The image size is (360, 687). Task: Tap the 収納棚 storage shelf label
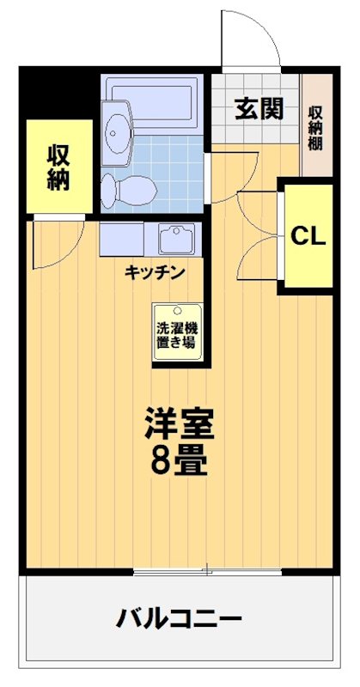coord(316,127)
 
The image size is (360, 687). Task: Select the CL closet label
coord(307,237)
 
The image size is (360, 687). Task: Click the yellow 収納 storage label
coord(58,167)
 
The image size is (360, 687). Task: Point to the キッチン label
coord(155,272)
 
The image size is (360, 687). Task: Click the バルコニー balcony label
coord(180,617)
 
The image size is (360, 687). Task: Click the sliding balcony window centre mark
coord(206,570)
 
